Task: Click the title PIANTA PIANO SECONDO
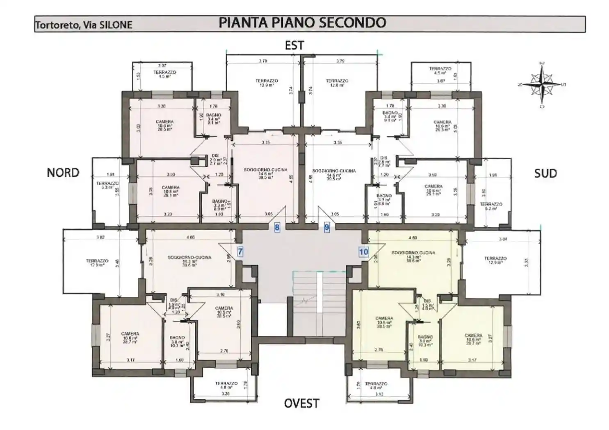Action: [x=302, y=23]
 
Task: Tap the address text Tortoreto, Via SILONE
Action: [x=84, y=25]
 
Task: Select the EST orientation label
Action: [x=294, y=45]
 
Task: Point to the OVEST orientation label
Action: [x=301, y=403]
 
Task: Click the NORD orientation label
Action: [x=63, y=173]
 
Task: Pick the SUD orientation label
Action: [x=545, y=173]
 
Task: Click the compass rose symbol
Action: [x=542, y=84]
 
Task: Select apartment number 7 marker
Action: [x=240, y=252]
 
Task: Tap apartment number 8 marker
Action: [x=277, y=227]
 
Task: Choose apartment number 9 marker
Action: [x=326, y=227]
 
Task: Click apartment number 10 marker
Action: [x=363, y=252]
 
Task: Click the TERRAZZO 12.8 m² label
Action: [x=337, y=83]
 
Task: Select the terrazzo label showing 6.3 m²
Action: [x=107, y=185]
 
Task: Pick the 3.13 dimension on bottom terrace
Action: [x=379, y=394]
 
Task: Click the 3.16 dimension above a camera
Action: [x=220, y=294]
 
